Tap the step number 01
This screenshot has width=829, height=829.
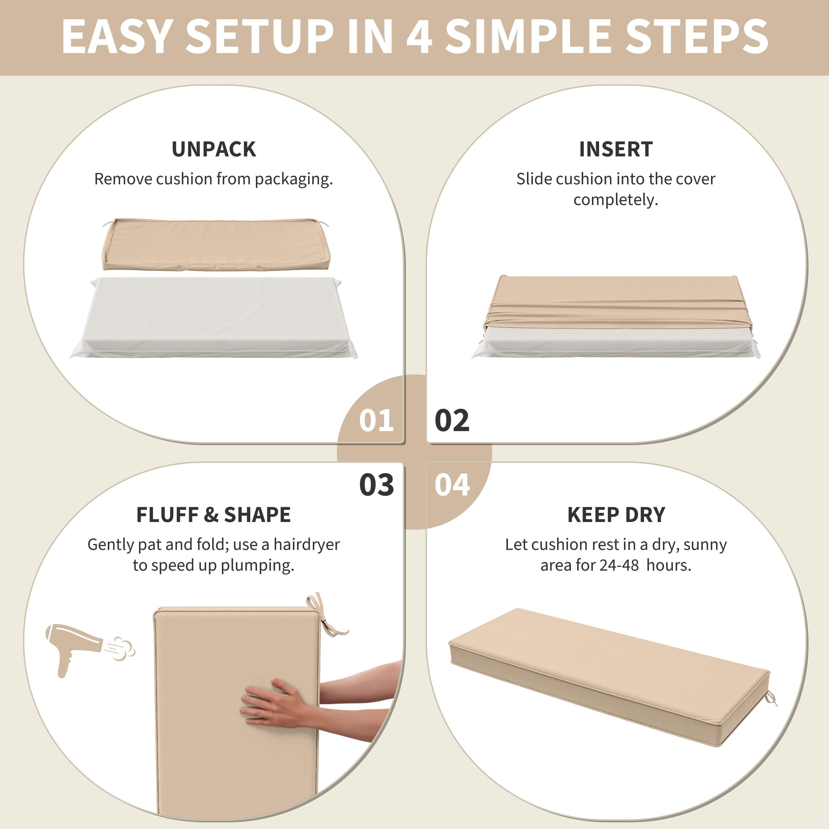click(376, 421)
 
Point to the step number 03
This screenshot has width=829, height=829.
click(376, 485)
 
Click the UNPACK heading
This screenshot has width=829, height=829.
click(214, 149)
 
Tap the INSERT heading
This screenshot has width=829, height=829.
click(616, 149)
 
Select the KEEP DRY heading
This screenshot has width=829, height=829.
click(616, 515)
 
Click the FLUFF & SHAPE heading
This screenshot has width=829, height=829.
click(214, 515)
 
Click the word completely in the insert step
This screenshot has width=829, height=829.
click(616, 200)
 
